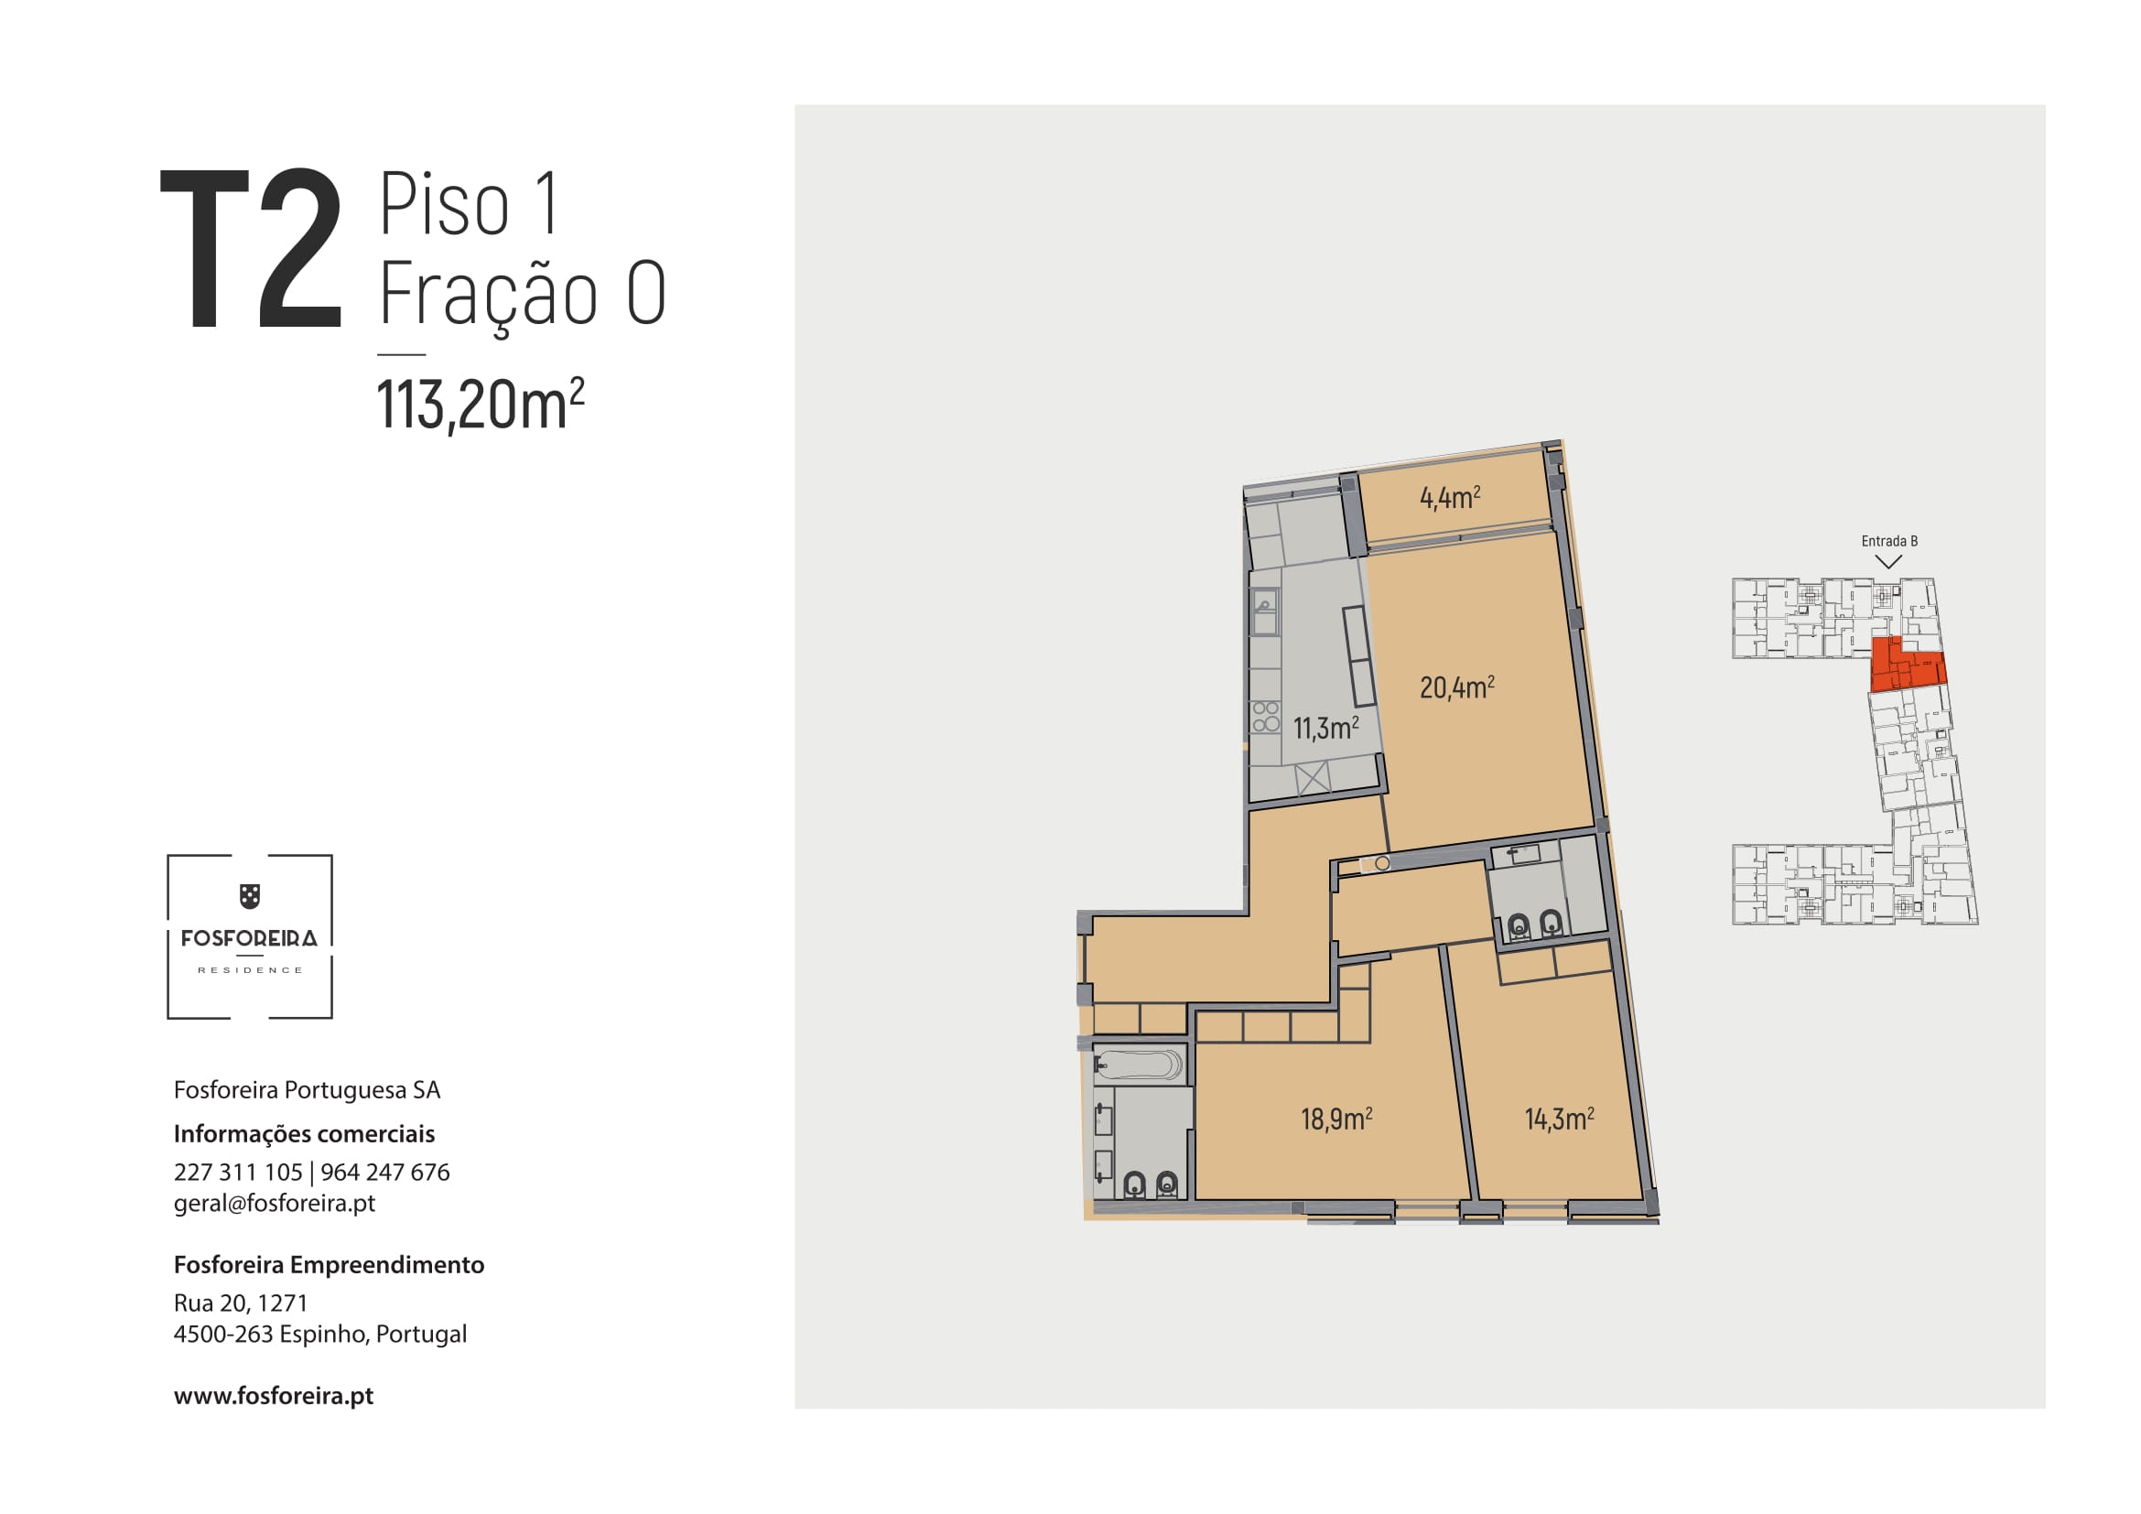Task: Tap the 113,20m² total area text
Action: [481, 405]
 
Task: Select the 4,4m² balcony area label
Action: [1450, 497]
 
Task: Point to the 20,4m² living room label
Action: [1456, 687]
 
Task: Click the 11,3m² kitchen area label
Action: [1325, 727]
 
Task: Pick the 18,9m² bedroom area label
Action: [1336, 1118]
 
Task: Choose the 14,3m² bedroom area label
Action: [1559, 1118]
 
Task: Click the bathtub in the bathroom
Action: [1140, 1065]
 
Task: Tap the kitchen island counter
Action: [1358, 656]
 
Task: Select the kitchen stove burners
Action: [1265, 716]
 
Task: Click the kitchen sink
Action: [1264, 613]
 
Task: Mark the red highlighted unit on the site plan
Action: [1908, 664]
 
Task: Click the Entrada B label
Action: [1889, 541]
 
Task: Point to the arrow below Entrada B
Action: [1888, 562]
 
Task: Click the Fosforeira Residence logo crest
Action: [250, 896]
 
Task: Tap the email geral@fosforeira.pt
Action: [275, 1203]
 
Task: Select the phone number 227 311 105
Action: [238, 1172]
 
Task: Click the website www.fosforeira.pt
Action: [273, 1395]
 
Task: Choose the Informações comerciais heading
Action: [304, 1133]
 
